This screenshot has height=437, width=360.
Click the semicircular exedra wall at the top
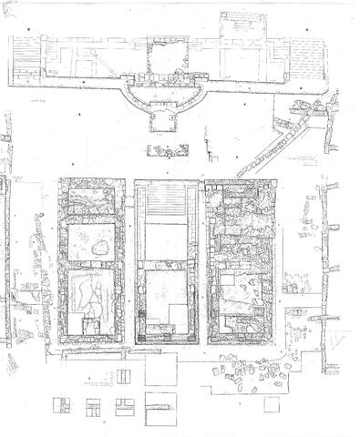pyautogui.click(x=164, y=98)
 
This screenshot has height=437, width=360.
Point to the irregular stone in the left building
pyautogui.click(x=99, y=246)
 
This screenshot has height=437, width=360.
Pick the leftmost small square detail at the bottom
pyautogui.click(x=62, y=402)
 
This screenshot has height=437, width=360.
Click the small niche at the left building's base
pyautogui.click(x=92, y=326)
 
